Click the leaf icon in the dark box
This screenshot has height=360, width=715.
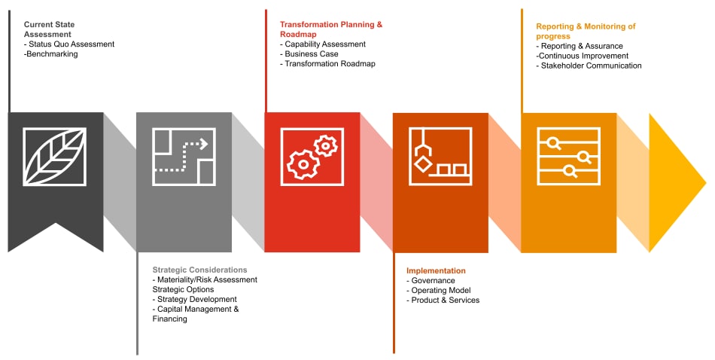(x=55, y=157)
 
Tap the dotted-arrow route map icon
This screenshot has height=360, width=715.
(x=184, y=157)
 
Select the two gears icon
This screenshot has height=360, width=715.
(x=312, y=157)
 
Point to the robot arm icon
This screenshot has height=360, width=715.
(x=440, y=157)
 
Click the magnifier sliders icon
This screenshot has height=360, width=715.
(x=569, y=157)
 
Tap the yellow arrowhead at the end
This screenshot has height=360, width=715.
(x=677, y=183)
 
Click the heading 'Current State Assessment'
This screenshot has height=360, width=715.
(x=49, y=29)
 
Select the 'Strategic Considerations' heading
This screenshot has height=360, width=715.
(x=199, y=270)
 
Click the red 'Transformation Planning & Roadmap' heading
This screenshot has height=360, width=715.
(x=331, y=29)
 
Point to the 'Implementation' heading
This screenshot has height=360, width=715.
(x=436, y=270)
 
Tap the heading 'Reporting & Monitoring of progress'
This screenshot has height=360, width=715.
(x=586, y=31)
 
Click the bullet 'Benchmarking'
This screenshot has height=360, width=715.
(x=51, y=53)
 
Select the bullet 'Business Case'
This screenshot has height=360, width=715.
(x=309, y=53)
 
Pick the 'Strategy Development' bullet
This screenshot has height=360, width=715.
(x=195, y=299)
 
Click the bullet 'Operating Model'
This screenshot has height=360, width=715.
(x=439, y=290)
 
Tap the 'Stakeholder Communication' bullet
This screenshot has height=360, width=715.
(x=589, y=66)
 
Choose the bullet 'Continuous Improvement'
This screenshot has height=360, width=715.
(x=583, y=56)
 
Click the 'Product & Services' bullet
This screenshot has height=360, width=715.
(x=443, y=300)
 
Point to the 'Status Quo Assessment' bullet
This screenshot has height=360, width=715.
(x=69, y=44)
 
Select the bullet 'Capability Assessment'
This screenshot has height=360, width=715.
(x=323, y=44)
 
